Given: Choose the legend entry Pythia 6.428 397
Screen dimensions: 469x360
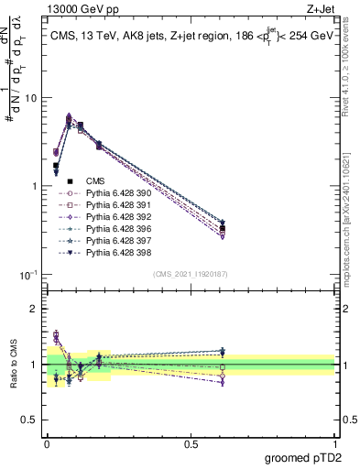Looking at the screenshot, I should point(115,240).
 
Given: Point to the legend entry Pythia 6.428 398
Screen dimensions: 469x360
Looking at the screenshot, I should point(115,252).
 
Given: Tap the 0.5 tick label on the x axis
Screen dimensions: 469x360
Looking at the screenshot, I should point(191,445).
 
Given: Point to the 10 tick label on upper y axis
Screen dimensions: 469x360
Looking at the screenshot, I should point(31,97).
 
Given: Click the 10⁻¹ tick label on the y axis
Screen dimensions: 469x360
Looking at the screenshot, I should point(29,275).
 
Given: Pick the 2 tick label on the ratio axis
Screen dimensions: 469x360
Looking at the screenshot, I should point(36,309).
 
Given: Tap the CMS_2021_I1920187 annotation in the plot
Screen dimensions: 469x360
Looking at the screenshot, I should point(191,273).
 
